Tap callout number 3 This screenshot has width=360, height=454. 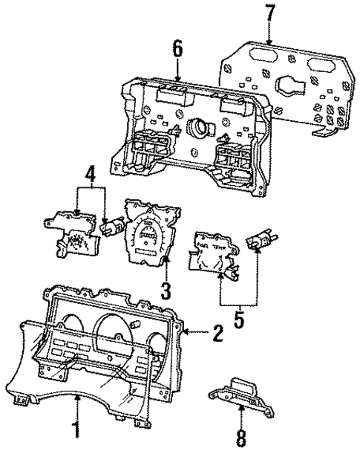point(166,288)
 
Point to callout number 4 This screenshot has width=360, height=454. point(89,178)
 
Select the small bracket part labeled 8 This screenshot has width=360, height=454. point(240,395)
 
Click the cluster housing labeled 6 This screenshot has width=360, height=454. point(186,141)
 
